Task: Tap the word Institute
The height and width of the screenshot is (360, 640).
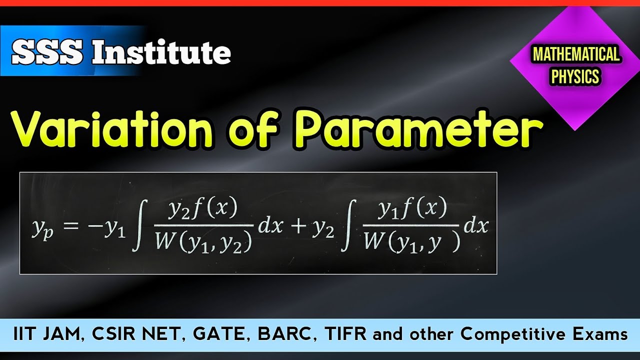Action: click(161, 52)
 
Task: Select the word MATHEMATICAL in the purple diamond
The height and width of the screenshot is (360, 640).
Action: click(576, 55)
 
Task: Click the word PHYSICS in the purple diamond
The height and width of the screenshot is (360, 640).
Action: click(575, 77)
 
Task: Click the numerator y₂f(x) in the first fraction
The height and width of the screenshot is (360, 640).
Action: click(202, 209)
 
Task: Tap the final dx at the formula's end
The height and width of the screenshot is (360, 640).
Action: click(475, 226)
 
